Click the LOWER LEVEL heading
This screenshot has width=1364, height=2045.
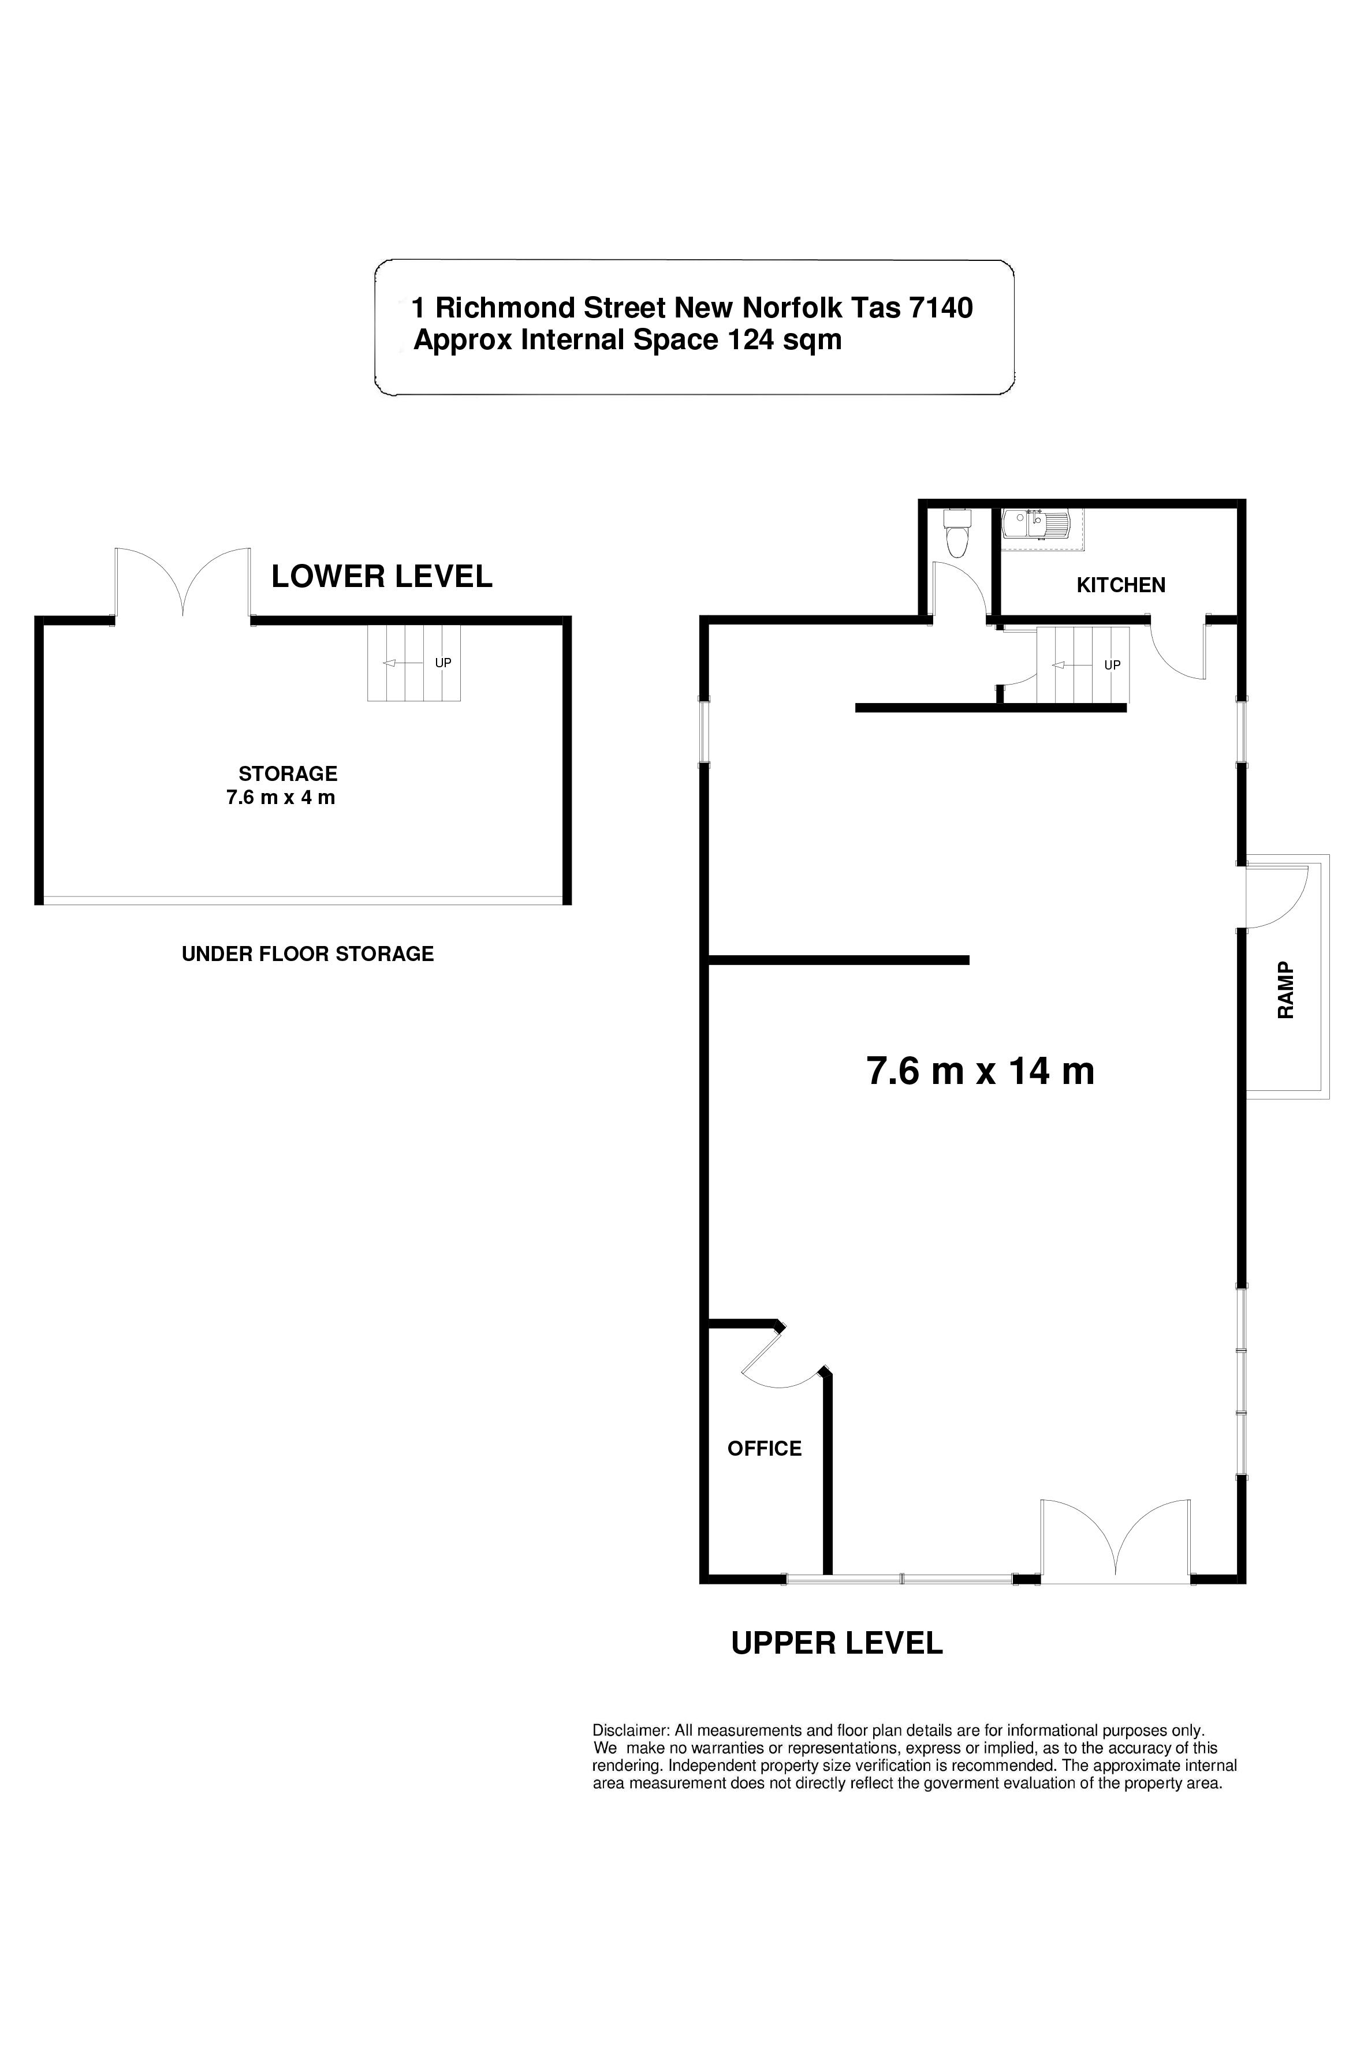382,577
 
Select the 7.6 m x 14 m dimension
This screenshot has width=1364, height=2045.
981,1071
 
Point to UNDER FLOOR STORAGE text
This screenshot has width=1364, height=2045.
308,954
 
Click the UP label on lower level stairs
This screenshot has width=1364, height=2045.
443,663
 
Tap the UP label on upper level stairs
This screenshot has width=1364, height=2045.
1112,665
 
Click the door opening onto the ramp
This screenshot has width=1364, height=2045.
1277,898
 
